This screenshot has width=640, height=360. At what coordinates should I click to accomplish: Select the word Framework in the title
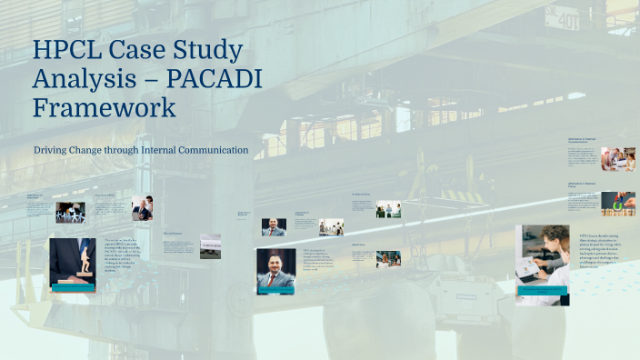[105, 108]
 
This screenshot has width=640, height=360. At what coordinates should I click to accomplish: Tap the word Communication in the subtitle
[208, 149]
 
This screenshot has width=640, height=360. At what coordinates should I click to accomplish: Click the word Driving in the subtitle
[54, 149]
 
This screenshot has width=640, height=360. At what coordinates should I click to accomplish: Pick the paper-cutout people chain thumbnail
[70, 213]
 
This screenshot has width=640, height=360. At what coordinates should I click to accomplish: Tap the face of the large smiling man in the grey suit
[275, 265]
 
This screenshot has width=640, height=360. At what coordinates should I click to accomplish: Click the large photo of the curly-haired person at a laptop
[542, 258]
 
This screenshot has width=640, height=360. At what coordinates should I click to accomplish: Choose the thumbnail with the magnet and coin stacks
[617, 203]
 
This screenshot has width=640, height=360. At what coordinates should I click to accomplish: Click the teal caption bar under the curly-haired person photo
[542, 291]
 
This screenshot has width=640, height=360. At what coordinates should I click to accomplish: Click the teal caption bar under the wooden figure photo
[73, 287]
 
